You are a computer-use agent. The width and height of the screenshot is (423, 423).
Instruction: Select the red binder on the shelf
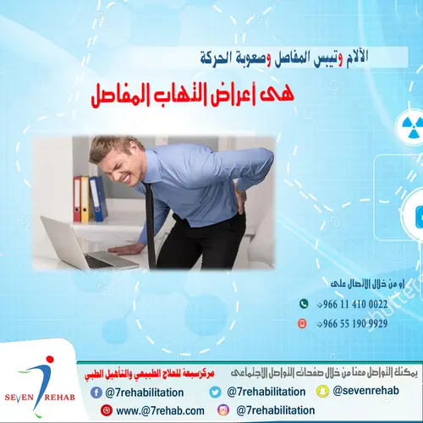pyautogui.click(x=77, y=200)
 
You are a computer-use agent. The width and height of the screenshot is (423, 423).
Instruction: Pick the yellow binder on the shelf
pyautogui.click(x=85, y=200)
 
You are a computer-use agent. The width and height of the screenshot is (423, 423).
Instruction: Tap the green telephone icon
pyautogui.click(x=303, y=304)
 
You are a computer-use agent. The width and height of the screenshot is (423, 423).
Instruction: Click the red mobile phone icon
pyautogui.click(x=303, y=323)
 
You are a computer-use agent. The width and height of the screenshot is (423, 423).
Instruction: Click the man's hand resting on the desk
pyautogui.click(x=127, y=249)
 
